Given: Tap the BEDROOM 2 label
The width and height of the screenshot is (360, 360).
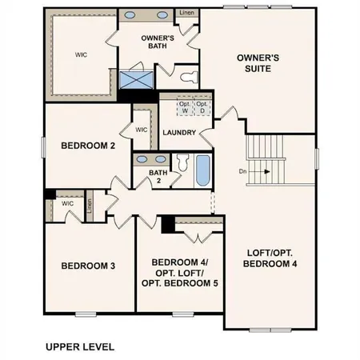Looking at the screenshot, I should pyautogui.click(x=89, y=146).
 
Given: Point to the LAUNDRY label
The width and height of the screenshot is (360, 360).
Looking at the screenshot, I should pyautogui.click(x=179, y=132).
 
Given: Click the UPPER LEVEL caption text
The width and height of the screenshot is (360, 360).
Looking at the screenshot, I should pyautogui.click(x=80, y=347).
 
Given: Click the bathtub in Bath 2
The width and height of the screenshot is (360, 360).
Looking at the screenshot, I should pyautogui.click(x=202, y=170).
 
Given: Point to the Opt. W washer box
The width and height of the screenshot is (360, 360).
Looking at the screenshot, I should pyautogui.click(x=185, y=106).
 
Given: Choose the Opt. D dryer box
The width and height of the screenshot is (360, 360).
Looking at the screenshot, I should pyautogui.click(x=202, y=106).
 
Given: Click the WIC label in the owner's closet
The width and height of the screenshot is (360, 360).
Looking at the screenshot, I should pyautogui.click(x=81, y=55).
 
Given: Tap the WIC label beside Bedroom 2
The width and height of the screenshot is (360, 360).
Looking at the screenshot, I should pyautogui.click(x=142, y=129).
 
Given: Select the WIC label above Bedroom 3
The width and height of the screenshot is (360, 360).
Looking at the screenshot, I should pyautogui.click(x=68, y=203).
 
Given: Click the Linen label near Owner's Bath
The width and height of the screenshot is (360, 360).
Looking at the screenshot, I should pyautogui.click(x=186, y=14).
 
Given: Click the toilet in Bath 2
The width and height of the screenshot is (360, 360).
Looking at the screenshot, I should pyautogui.click(x=181, y=165).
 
